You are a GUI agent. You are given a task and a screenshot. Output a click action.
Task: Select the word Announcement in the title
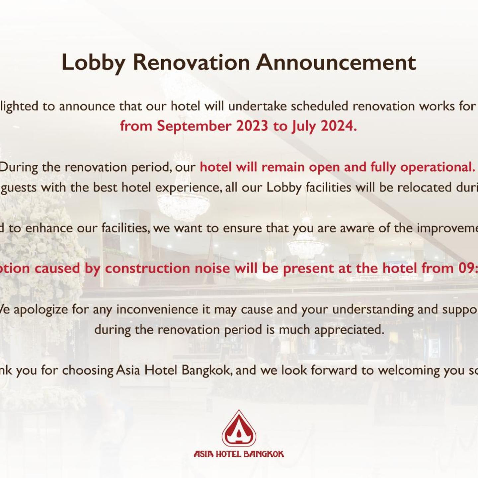336,62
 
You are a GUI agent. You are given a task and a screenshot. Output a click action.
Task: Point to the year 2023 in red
252,126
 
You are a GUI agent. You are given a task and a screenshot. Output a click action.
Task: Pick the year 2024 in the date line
339,126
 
